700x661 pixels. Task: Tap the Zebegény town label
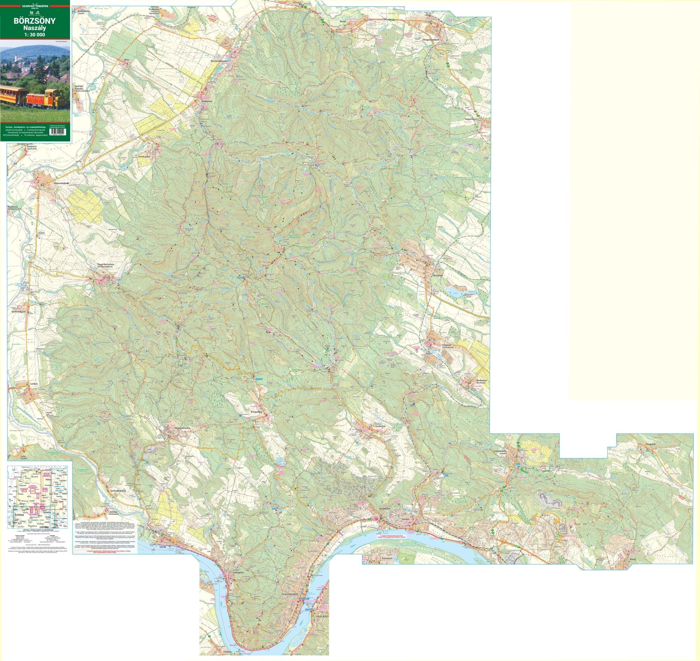click(x=239, y=563)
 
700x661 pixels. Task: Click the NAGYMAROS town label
click(x=290, y=594)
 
